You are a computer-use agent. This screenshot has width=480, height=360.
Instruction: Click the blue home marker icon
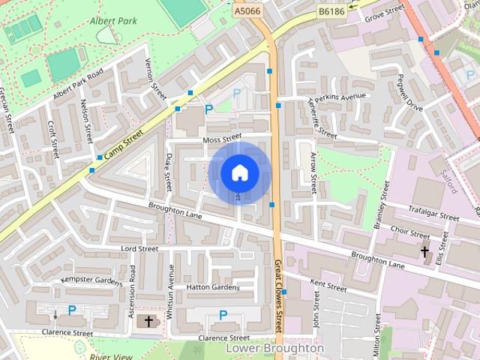point(238,173)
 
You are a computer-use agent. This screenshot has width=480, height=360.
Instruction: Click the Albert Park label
point(112,20)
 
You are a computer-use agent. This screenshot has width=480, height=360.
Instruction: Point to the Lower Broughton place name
point(274,349)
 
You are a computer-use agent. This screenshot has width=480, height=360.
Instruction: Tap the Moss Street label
point(221,138)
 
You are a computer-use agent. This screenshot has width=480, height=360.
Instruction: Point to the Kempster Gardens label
point(91,281)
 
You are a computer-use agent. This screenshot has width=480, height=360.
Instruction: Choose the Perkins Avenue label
point(341,97)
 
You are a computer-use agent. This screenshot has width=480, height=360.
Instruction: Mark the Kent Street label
point(328,285)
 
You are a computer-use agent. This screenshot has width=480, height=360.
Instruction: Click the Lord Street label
point(139,248)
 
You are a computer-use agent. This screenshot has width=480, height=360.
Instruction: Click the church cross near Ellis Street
point(424,251)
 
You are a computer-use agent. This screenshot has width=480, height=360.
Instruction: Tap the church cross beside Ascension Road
point(148,322)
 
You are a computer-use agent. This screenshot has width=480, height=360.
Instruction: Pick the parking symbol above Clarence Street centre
point(223,315)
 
